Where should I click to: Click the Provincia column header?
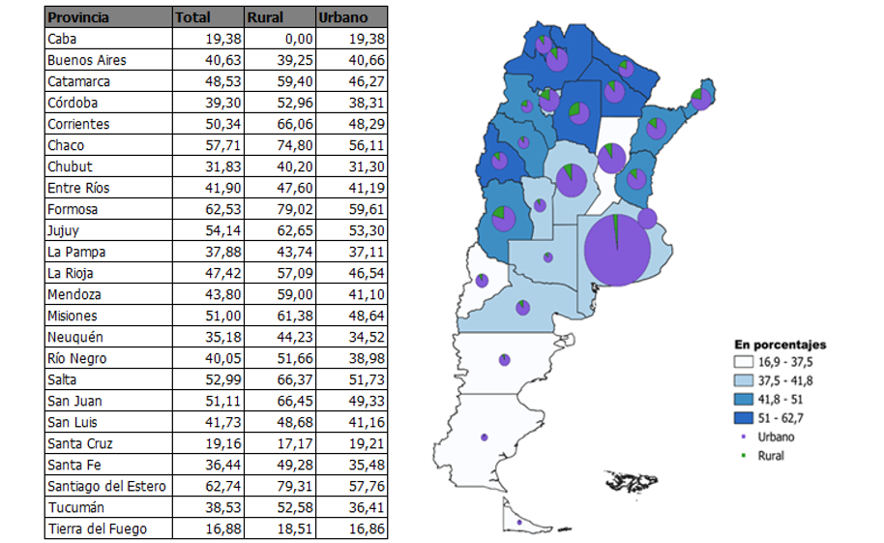(78, 17)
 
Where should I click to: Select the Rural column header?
(265, 17)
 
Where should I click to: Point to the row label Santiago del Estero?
(106, 486)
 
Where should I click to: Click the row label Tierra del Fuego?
(93, 528)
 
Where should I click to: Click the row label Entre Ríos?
(78, 188)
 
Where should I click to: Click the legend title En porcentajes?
(780, 345)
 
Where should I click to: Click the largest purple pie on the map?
(616, 250)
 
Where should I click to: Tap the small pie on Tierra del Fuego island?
(519, 523)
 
